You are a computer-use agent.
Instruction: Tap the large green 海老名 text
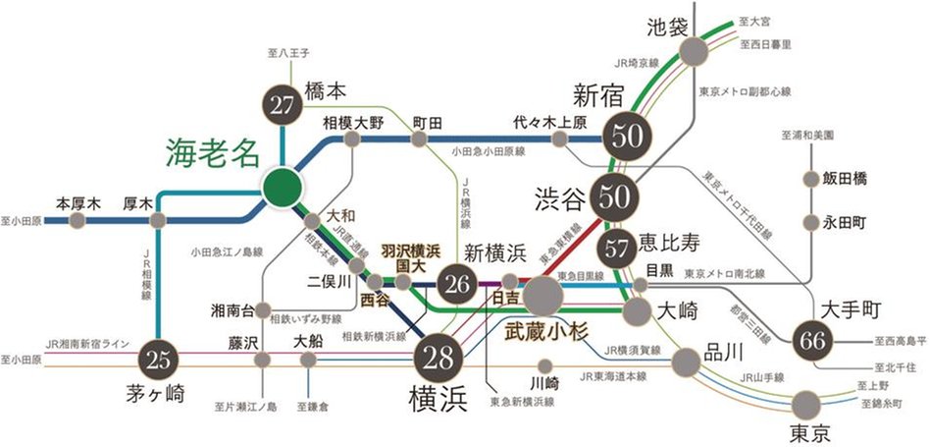[x=212, y=153]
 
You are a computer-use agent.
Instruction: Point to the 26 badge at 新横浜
[x=457, y=285]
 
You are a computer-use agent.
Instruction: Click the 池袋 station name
[x=673, y=24]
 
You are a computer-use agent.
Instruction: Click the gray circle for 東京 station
[x=806, y=403]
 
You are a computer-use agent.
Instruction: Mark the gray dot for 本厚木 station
[x=77, y=220]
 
